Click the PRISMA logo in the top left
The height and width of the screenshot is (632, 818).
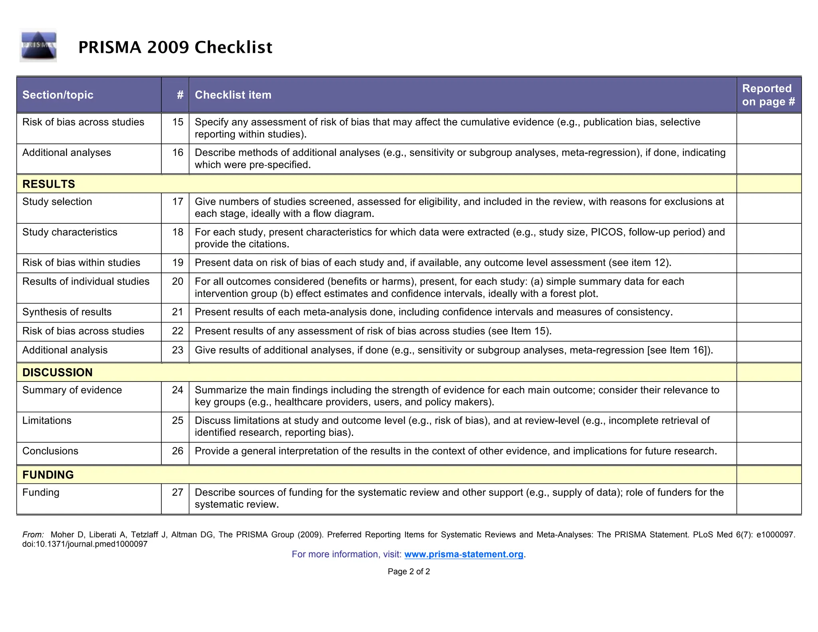point(38,46)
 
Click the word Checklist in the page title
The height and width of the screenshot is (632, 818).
point(233,47)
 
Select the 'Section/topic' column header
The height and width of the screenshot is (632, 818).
point(58,95)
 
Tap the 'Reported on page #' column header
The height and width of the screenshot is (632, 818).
point(768,95)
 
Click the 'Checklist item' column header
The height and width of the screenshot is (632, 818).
point(233,95)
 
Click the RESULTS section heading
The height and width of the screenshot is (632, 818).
point(49,184)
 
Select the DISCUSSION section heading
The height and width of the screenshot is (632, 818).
point(58,372)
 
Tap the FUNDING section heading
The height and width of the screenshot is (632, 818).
point(48,475)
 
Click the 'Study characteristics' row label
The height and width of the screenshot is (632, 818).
point(70,232)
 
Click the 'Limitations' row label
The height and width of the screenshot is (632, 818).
point(47,420)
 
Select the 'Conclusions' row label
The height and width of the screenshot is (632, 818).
point(50,451)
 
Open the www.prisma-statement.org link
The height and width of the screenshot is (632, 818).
point(464,554)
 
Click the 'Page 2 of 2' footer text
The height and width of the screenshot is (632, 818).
point(409,571)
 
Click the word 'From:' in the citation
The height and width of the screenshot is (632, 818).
point(33,535)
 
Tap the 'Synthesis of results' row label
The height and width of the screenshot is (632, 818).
point(67,312)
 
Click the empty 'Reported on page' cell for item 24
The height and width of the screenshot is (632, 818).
point(768,396)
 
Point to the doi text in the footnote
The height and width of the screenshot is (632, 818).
point(85,544)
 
